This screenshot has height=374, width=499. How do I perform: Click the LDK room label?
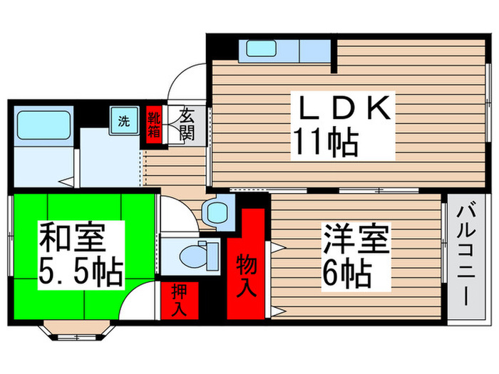click(x=344, y=110)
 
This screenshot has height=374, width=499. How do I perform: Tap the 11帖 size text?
click(x=322, y=144)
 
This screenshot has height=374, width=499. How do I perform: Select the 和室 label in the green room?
click(x=71, y=237)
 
